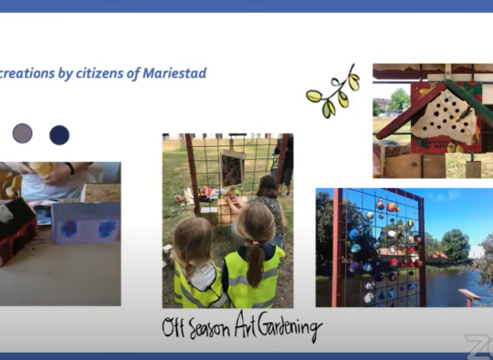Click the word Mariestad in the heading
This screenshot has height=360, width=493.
tap(174, 73)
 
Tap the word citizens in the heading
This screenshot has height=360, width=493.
tap(100, 73)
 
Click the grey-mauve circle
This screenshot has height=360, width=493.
tap(22, 133)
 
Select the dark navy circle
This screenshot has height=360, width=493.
tap(59, 135)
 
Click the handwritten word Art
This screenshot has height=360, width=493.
tap(246, 323)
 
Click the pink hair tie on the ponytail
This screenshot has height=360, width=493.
tap(255, 243)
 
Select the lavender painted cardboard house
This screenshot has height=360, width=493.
tap(86, 223)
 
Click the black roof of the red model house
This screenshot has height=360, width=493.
tap(16, 214)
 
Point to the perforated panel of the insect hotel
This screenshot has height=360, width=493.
tap(446, 117)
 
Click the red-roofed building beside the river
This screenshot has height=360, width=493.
tap(437, 257)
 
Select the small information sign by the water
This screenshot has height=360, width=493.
tap(469, 297)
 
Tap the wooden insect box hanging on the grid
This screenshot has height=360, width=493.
tap(233, 169)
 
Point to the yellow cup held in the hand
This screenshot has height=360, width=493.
tap(41, 168)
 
